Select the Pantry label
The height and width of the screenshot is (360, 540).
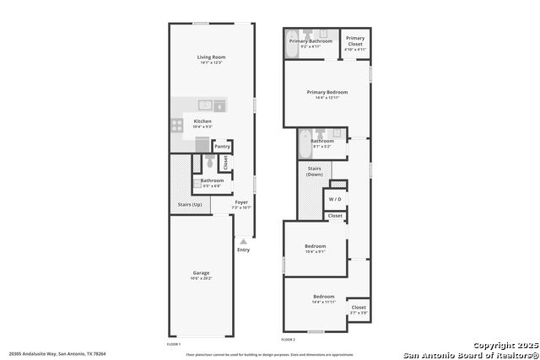(222, 147)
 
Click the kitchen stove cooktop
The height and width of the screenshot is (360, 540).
(178, 126)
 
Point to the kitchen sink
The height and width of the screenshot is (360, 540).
(204, 105)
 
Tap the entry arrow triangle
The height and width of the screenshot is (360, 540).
(244, 241)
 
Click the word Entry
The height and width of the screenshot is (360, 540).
(244, 250)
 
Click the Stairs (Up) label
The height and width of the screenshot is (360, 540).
(190, 205)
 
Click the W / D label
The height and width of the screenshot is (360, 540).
(335, 199)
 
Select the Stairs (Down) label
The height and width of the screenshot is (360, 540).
(315, 171)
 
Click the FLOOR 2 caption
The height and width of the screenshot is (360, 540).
(289, 340)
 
